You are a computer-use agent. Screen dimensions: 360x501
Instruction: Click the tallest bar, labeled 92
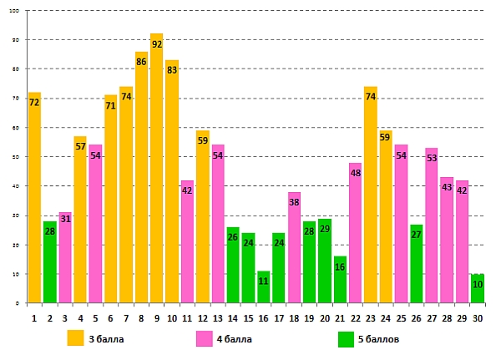(156, 167)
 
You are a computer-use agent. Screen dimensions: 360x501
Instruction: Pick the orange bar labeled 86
(141, 176)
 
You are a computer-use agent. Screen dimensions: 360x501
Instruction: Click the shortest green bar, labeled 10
(477, 288)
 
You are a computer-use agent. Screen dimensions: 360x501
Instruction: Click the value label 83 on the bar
(171, 70)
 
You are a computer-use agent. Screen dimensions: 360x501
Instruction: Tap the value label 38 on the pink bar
(294, 202)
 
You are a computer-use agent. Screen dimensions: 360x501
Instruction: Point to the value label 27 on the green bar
(416, 235)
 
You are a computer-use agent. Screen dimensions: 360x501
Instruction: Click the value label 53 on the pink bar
(431, 158)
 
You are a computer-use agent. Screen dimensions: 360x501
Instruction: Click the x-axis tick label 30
(477, 317)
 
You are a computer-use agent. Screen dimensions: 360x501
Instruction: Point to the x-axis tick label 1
(34, 317)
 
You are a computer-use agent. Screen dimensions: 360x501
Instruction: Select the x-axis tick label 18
(294, 317)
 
